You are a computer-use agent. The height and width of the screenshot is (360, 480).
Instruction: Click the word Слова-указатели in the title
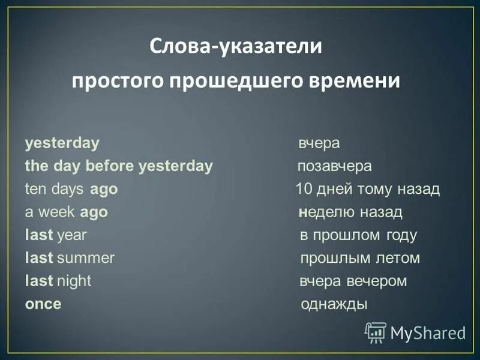tap(235, 46)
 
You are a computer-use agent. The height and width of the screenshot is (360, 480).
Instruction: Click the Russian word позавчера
tap(335, 166)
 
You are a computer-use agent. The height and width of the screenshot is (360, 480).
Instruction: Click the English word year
tap(71, 235)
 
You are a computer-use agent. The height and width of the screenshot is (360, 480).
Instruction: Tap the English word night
tap(74, 281)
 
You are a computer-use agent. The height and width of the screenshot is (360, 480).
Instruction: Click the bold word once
tap(43, 304)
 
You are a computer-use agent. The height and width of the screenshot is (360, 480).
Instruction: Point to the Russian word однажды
tap(334, 304)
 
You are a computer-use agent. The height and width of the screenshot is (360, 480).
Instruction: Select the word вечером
tap(377, 281)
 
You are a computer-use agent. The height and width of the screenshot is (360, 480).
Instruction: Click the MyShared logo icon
tap(376, 332)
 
